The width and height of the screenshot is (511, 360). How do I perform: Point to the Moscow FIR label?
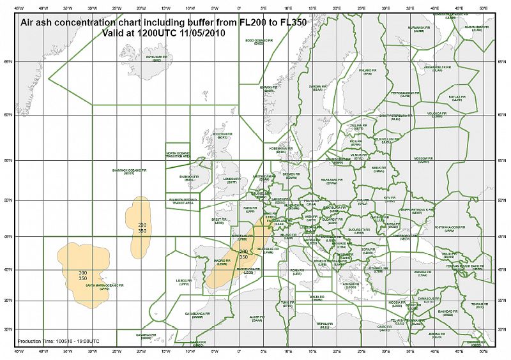tap(421, 159)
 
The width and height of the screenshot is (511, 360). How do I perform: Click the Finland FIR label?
tap(367, 72)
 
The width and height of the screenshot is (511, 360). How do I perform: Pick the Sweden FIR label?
tap(317, 87)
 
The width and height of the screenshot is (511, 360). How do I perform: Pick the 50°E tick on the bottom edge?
tap(482, 351)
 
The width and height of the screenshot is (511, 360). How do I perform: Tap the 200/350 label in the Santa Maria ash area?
tap(82, 275)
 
